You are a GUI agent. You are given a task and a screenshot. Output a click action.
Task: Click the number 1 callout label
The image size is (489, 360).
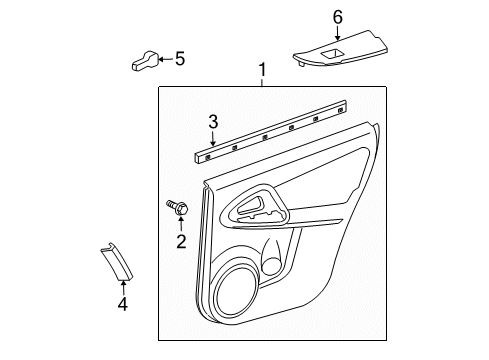[x=262, y=70]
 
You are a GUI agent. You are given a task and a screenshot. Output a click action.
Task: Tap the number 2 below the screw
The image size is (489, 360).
[x=181, y=240]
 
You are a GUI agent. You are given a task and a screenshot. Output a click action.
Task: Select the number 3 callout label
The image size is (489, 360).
[x=212, y=122]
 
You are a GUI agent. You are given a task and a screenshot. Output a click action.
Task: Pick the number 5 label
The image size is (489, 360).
[x=180, y=59]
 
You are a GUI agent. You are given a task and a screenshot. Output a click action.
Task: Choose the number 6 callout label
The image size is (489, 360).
[x=337, y=16]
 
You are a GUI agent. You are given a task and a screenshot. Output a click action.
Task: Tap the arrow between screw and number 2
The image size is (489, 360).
[x=181, y=223]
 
